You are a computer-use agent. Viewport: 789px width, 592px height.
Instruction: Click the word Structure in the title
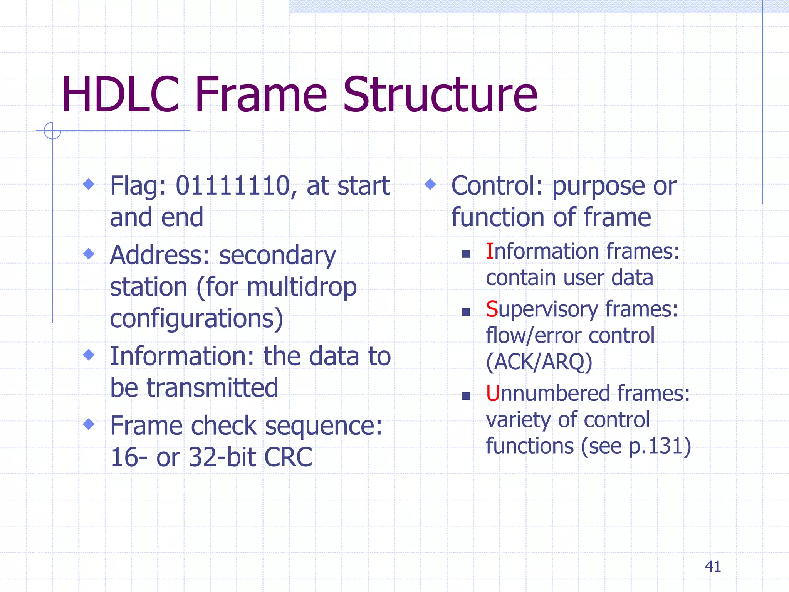coord(440,95)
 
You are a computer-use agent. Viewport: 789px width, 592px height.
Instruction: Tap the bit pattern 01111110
coord(232,186)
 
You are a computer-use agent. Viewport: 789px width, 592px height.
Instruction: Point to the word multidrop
coord(302,287)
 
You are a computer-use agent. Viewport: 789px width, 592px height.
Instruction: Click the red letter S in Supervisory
coord(492,309)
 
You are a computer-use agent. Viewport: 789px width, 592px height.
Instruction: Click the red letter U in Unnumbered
coord(493,394)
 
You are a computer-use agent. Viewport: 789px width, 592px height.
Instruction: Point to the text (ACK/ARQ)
coord(539,362)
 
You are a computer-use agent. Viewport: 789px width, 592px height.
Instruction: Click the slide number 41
coord(713,567)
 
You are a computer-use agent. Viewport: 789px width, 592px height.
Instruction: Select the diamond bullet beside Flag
coord(89,184)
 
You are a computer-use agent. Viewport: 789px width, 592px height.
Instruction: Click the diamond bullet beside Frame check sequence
coord(89,424)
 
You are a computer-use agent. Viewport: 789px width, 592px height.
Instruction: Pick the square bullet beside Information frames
coord(466,254)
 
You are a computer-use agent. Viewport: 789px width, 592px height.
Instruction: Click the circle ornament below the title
coord(52,131)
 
